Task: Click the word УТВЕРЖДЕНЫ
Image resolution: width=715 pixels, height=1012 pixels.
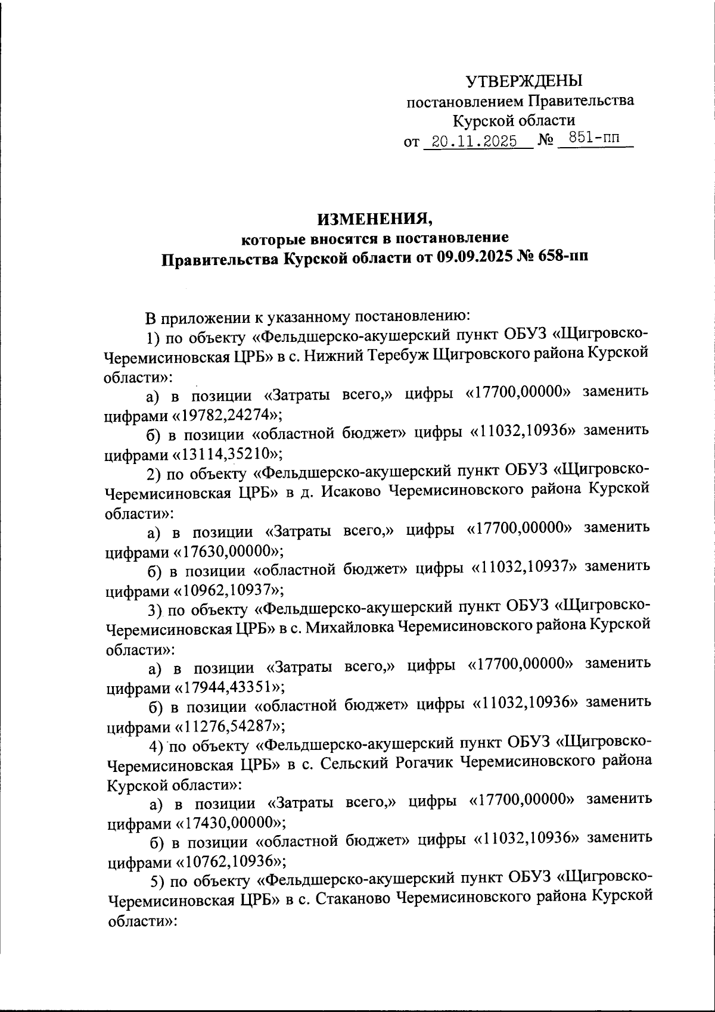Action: pyautogui.click(x=523, y=80)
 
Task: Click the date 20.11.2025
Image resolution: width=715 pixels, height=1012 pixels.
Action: pyautogui.click(x=474, y=142)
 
